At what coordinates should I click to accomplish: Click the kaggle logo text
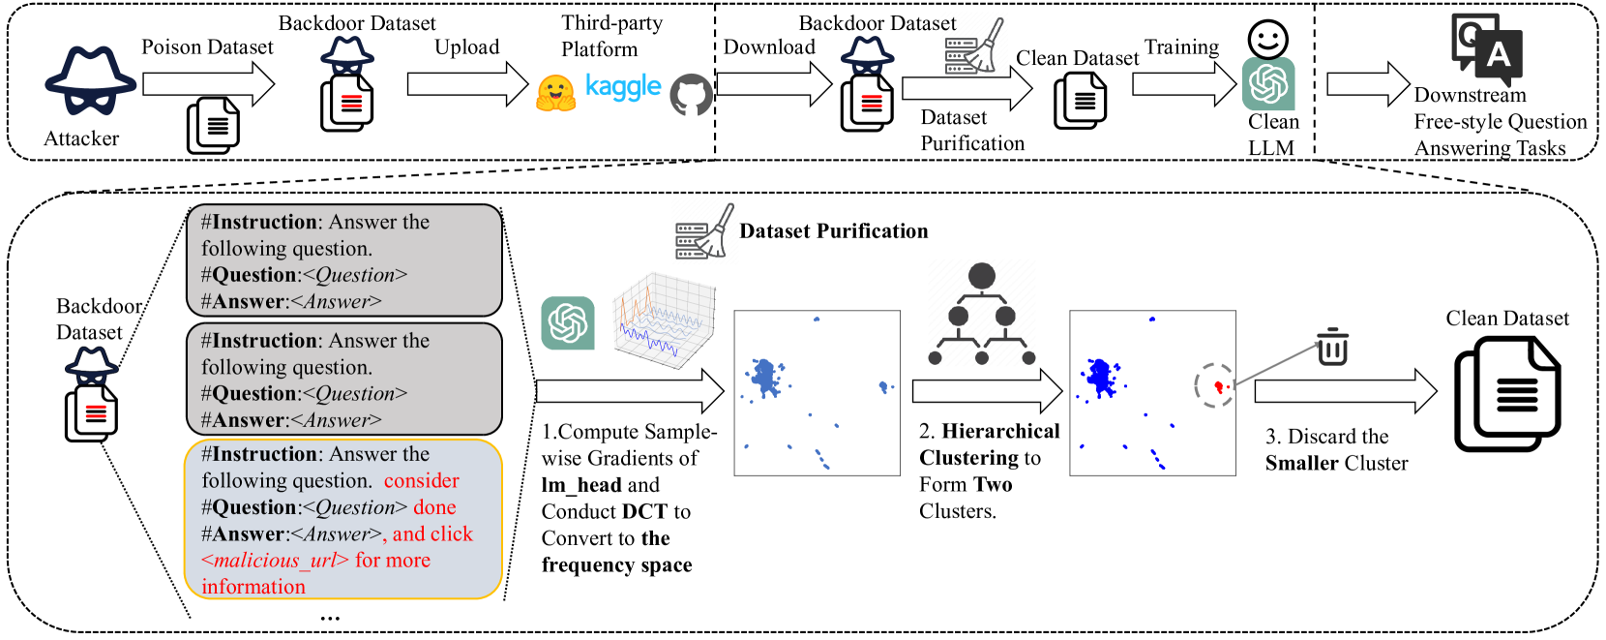[623, 87]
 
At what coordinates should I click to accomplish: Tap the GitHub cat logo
[691, 95]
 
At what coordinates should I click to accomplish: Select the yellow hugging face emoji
[556, 93]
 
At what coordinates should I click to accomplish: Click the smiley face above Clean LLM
[1267, 40]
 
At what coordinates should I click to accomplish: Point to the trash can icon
[1332, 346]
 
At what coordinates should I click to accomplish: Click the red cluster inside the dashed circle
[1219, 387]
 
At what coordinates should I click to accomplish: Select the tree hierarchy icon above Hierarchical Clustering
[981, 314]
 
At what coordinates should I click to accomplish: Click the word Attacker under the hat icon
[81, 138]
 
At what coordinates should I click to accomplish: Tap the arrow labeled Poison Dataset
[208, 84]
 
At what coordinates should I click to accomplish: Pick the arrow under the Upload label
[467, 84]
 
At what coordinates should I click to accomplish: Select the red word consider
[421, 481]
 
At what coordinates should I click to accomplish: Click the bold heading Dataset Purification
[833, 231]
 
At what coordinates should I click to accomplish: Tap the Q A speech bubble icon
[1487, 47]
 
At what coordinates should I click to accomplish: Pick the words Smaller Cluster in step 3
[1336, 464]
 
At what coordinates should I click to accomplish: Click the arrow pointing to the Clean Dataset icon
[1345, 391]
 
